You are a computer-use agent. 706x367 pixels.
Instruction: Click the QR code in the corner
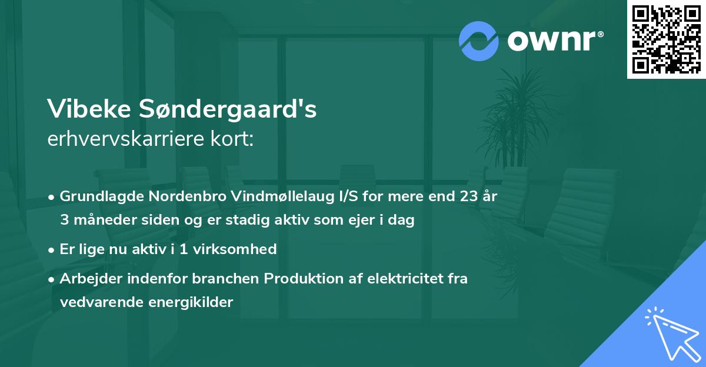[666, 39]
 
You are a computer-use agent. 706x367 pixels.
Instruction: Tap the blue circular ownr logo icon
[478, 41]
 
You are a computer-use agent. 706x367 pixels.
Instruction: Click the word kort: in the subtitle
[234, 140]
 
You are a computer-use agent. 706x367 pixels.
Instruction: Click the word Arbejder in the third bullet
[87, 279]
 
